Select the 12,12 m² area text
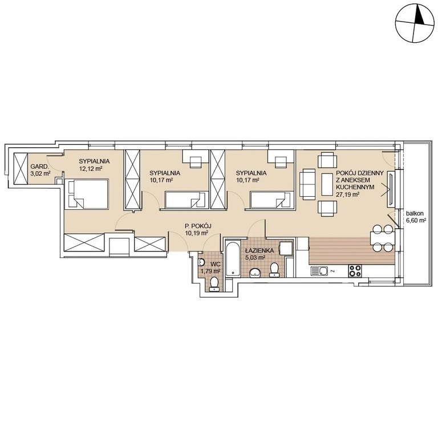click(x=91, y=168)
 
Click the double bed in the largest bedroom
click(x=86, y=194)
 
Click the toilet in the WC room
click(x=214, y=285)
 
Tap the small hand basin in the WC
click(x=201, y=262)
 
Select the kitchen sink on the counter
click(x=320, y=271)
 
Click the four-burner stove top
click(x=355, y=271)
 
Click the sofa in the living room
click(x=307, y=184)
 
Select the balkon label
click(x=415, y=214)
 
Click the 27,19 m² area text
click(x=348, y=194)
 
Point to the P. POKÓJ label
click(x=197, y=226)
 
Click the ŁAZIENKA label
click(x=259, y=250)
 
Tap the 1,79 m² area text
click(x=211, y=271)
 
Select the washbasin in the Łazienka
click(x=255, y=273)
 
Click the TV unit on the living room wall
click(x=391, y=190)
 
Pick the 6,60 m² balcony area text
click(x=416, y=220)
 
